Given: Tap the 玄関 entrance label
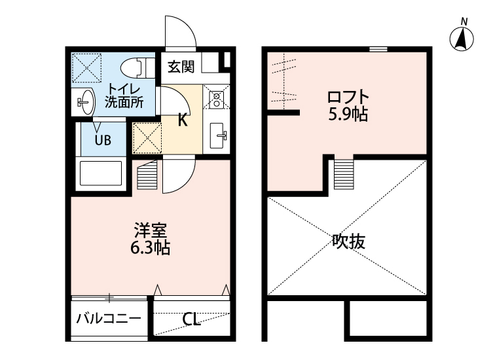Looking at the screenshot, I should (x=180, y=65).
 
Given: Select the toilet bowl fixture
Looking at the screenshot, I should (x=135, y=67).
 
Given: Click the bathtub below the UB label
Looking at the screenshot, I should (x=101, y=173).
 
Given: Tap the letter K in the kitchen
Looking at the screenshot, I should (x=183, y=120).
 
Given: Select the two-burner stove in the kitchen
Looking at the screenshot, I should (x=217, y=99).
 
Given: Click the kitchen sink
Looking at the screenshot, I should (x=217, y=135).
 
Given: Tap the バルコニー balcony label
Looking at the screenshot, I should (x=108, y=319).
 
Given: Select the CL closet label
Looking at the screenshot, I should (x=191, y=319).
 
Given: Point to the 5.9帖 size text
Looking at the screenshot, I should (x=348, y=115).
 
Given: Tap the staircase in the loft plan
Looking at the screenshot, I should (x=343, y=173).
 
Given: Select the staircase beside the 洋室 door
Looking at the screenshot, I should (x=148, y=175).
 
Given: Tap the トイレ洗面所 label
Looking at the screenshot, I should (x=123, y=96).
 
